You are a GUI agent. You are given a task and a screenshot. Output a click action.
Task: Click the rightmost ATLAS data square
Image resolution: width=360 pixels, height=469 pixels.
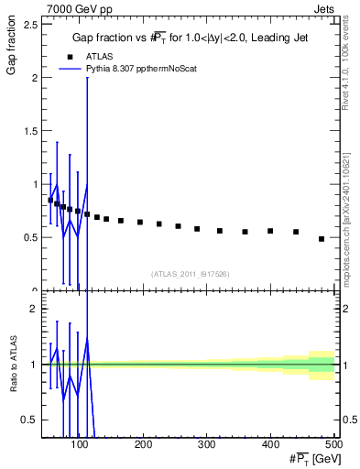click(321, 239)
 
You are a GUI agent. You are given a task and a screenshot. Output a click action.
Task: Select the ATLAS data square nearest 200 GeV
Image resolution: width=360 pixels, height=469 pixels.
click(140, 222)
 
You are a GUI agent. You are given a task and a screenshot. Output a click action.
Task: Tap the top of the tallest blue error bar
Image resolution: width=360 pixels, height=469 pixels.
click(87, 78)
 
